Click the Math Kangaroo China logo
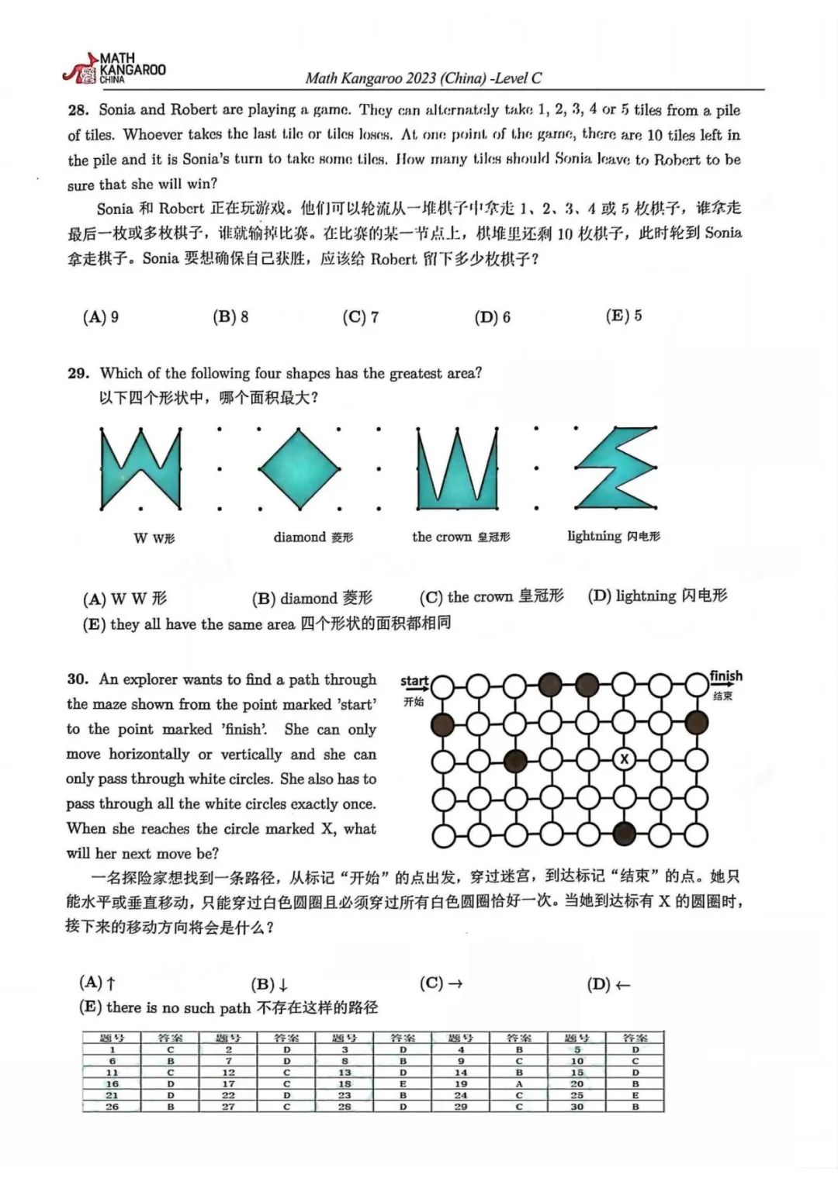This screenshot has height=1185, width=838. click(115, 69)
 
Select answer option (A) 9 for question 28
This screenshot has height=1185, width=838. click(101, 316)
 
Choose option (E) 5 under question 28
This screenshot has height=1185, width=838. click(623, 316)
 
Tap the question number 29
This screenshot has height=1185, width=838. click(78, 373)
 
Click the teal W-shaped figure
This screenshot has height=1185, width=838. click(140, 469)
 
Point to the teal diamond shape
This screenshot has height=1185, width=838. click(300, 468)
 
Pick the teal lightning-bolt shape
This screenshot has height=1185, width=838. click(617, 468)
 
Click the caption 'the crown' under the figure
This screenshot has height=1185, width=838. click(442, 537)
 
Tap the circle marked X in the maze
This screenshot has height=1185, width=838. click(624, 760)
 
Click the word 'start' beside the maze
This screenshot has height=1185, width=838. click(414, 681)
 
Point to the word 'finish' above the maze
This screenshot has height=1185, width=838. click(725, 676)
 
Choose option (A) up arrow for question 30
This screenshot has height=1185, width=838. click(98, 983)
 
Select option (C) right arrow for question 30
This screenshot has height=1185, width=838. click(441, 983)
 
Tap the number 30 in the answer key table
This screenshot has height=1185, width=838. click(577, 1107)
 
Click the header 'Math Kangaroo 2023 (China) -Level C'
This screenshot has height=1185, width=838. click(424, 78)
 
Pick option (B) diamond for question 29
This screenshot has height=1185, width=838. click(312, 598)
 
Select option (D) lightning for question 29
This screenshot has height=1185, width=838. click(657, 596)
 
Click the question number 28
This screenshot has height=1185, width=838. click(78, 110)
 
